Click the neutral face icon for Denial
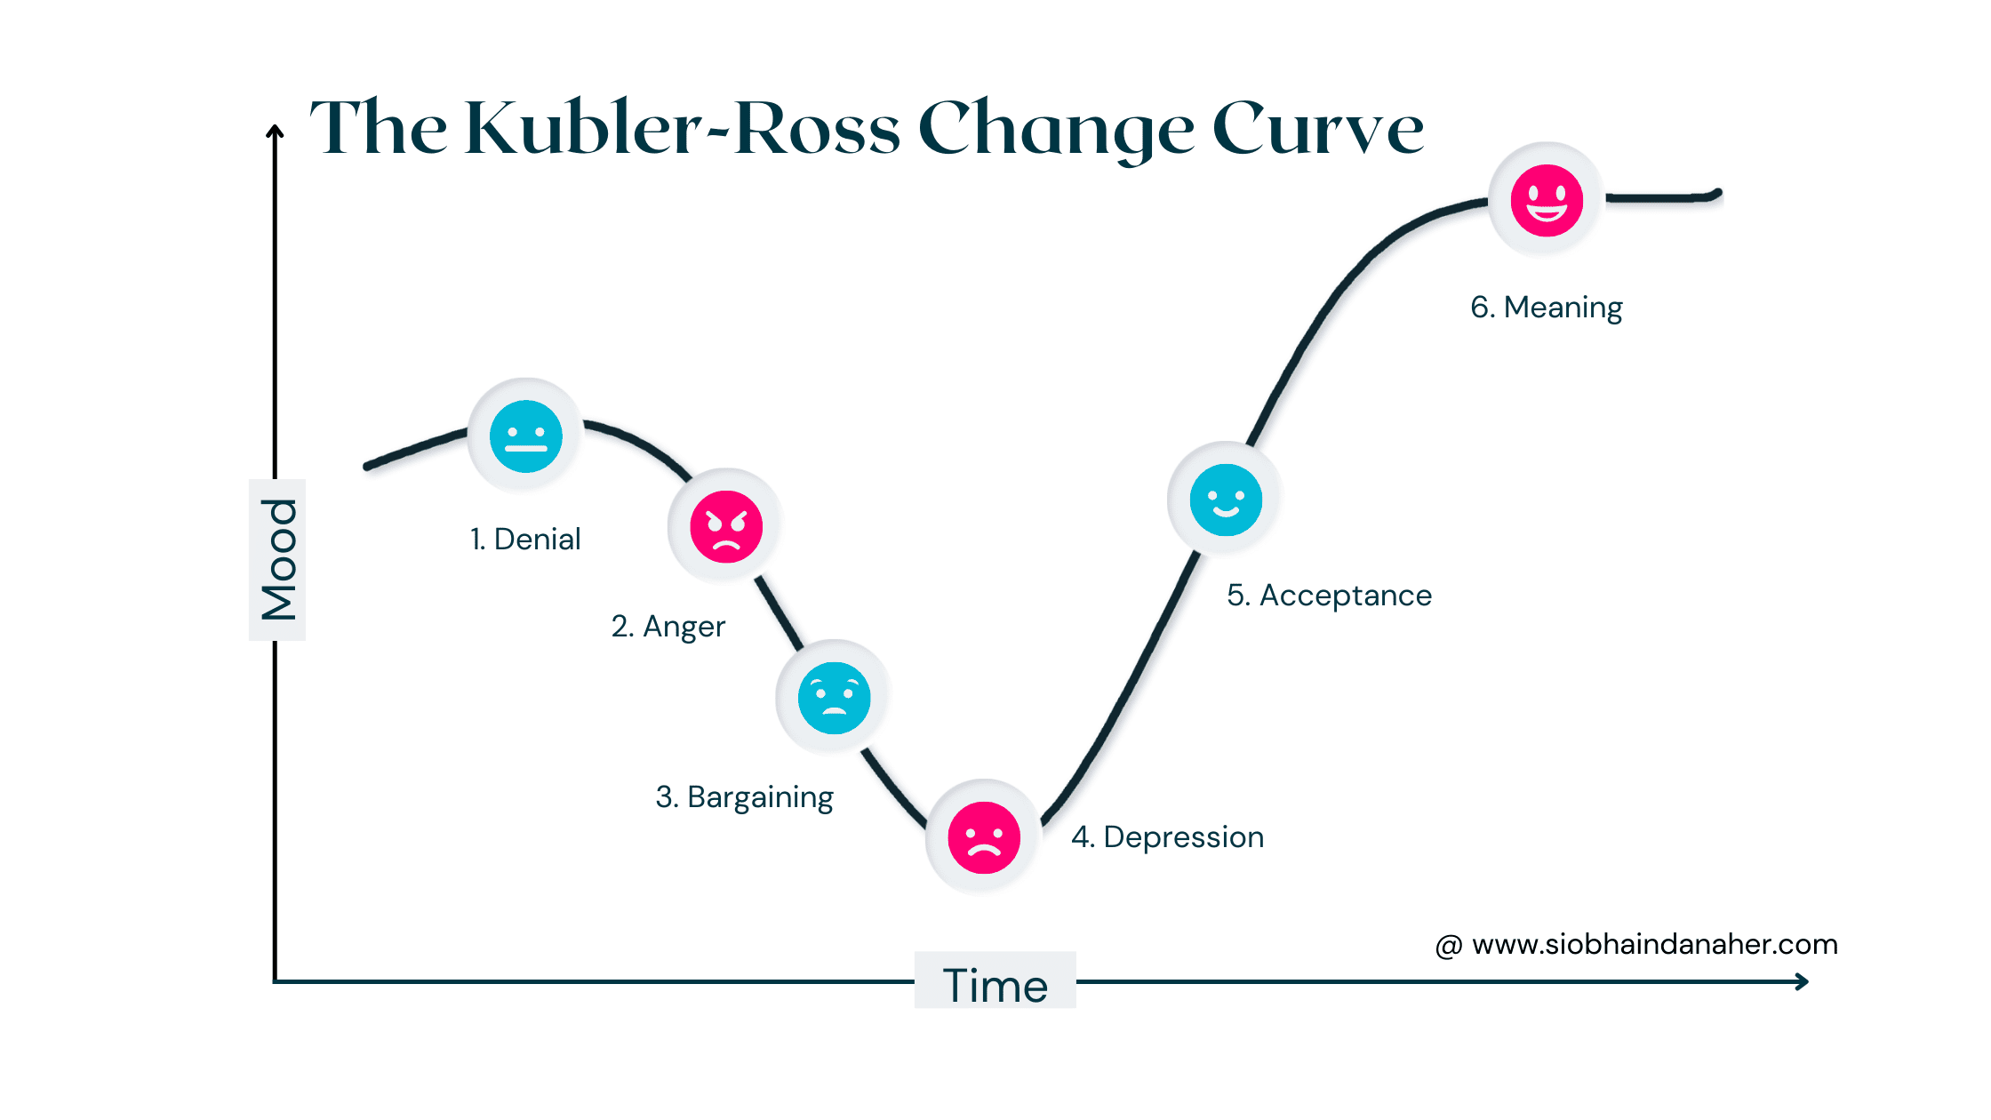pos(526,436)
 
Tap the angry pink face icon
pos(726,526)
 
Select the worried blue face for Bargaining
pos(834,698)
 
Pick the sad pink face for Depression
pos(984,837)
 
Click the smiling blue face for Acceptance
pos(1226,500)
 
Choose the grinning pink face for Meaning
pos(1547,200)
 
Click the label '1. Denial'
pos(525,539)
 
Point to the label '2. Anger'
pos(668,627)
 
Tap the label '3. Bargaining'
pos(745,797)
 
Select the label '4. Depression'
pos(1168,837)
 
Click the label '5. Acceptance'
pos(1330,596)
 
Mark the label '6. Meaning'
pos(1547,308)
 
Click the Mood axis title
pos(278,560)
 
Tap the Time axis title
pos(995,985)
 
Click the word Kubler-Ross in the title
pos(683,129)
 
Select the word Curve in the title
pos(1318,129)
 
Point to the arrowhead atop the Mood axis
pos(276,132)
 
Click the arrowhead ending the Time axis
pos(1802,981)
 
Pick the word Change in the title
pos(1057,129)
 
